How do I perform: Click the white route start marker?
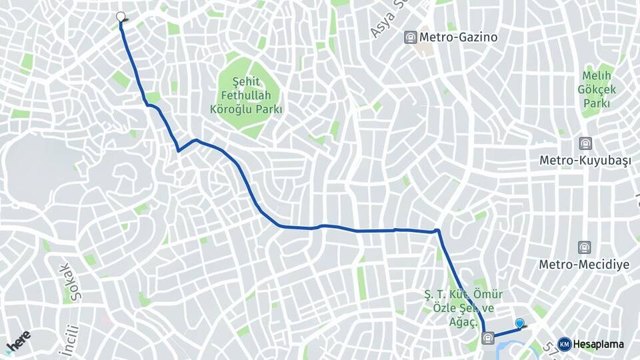pos(121,17)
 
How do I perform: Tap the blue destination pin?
pos(520,323)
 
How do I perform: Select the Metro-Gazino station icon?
pos(411,37)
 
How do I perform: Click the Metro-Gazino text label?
pos(459,37)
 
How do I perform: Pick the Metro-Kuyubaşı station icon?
pos(585,143)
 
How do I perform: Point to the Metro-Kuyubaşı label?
pos(585,161)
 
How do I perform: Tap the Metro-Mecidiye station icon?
pos(585,247)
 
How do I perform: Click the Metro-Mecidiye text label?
pos(584,265)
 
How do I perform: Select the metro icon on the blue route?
pos(489,338)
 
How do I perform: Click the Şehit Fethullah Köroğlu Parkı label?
pos(247,95)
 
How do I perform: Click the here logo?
pos(18,340)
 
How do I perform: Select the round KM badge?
pos(564,344)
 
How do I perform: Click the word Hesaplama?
pos(598,344)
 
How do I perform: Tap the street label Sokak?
pos(65,281)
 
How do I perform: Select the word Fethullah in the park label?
pos(247,95)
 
